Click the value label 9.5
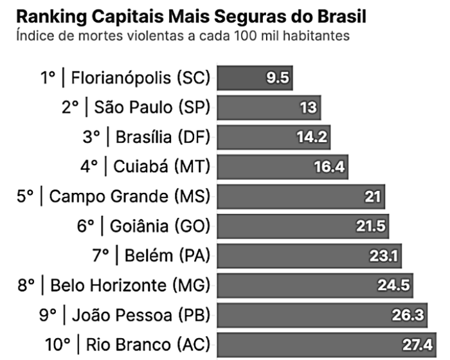pos(279,79)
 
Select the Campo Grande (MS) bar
pos(289,197)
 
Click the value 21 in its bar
pos(373,197)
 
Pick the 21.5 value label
pos(371,226)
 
